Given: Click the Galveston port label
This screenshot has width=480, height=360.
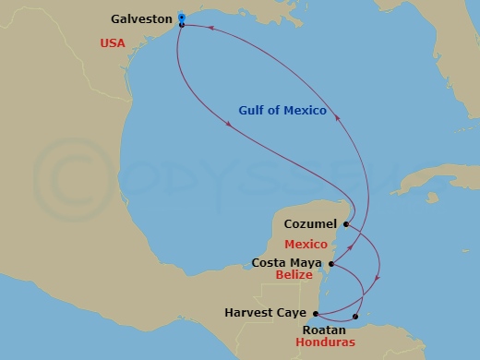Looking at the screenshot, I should tap(140, 18).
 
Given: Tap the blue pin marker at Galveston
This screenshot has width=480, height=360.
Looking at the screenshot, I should tap(182, 17).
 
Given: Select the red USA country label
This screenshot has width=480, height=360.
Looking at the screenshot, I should tap(114, 42).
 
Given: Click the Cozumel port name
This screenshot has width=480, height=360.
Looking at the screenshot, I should tap(310, 223).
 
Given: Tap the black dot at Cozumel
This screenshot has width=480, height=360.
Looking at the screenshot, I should tap(343, 224).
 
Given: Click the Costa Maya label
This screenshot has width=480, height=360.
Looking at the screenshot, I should tap(287, 262).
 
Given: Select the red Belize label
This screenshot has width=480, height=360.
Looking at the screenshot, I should tap(308, 275).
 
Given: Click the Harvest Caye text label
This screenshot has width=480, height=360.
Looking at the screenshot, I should tap(265, 313).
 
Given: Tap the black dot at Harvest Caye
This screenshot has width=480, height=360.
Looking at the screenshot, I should tap(316, 314).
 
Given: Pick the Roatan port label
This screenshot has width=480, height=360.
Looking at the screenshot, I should tap(324, 330).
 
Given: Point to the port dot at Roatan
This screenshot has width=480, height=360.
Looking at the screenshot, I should tap(355, 317).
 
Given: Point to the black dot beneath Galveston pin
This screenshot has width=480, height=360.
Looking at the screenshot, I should tap(182, 25).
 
